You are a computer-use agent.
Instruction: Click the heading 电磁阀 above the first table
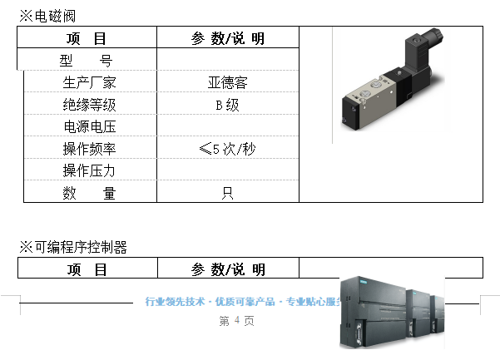coord(55,16)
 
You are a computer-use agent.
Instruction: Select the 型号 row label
coord(86,60)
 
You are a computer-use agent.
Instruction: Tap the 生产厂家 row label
coord(89,82)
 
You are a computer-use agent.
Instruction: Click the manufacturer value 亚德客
coord(228,82)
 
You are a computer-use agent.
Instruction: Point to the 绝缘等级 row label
coord(89,105)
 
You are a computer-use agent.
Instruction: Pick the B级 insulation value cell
coord(227,105)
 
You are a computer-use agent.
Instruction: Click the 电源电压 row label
coord(90,126)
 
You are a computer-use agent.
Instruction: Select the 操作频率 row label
coord(89,149)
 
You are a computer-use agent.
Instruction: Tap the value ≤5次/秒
coord(227,149)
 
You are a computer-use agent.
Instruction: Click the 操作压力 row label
coord(89,170)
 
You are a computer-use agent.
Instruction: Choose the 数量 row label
coord(89,193)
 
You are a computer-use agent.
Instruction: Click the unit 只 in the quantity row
coord(228,193)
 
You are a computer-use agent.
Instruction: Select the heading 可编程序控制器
coord(81,247)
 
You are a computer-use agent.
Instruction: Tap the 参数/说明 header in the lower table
coord(228,269)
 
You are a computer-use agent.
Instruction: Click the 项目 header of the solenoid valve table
coord(86,38)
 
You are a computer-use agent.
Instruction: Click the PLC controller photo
coord(392,313)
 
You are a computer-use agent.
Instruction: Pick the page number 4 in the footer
coord(236,320)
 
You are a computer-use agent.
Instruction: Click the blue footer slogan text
coord(243,301)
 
